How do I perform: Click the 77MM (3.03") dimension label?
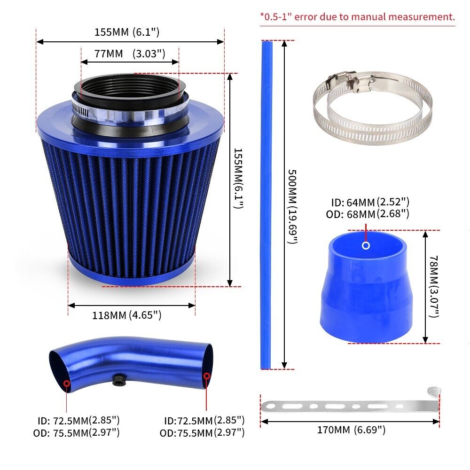click(130, 54)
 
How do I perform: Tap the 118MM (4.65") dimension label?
click(126, 315)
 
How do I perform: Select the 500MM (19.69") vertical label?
click(292, 206)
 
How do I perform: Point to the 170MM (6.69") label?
click(351, 430)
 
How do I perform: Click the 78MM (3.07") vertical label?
click(434, 286)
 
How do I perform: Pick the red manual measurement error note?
click(357, 16)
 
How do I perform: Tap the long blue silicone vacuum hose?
click(266, 205)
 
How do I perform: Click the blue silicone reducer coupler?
click(367, 287)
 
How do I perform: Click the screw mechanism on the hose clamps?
click(351, 80)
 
